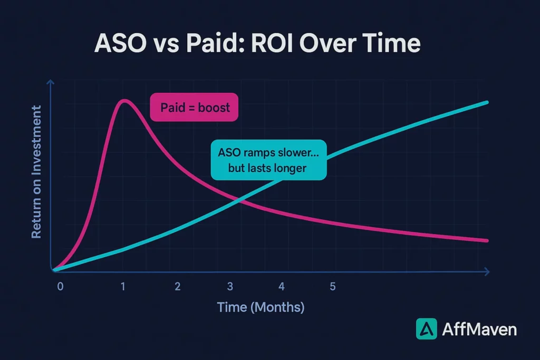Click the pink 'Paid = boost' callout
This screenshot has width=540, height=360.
pyautogui.click(x=194, y=107)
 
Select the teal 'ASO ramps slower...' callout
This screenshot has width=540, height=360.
pyautogui.click(x=268, y=160)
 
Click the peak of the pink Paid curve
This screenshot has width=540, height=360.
pyautogui.click(x=124, y=101)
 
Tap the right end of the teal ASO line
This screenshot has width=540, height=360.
pyautogui.click(x=487, y=102)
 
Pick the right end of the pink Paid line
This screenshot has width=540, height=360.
pyautogui.click(x=487, y=240)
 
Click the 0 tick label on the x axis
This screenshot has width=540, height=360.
pyautogui.click(x=60, y=287)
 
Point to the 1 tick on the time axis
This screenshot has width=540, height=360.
pyautogui.click(x=123, y=287)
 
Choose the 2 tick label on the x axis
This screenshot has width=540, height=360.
pyautogui.click(x=178, y=287)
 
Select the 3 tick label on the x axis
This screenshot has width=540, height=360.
pyautogui.click(x=230, y=287)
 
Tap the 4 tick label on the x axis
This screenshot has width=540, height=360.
pyautogui.click(x=282, y=287)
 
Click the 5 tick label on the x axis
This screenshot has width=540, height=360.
pyautogui.click(x=333, y=287)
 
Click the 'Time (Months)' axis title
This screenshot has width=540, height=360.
pyautogui.click(x=261, y=307)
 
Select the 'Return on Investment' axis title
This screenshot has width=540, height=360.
pyautogui.click(x=36, y=172)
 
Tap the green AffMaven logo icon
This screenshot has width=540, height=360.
pyautogui.click(x=426, y=329)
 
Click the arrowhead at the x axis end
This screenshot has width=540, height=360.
pyautogui.click(x=487, y=272)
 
